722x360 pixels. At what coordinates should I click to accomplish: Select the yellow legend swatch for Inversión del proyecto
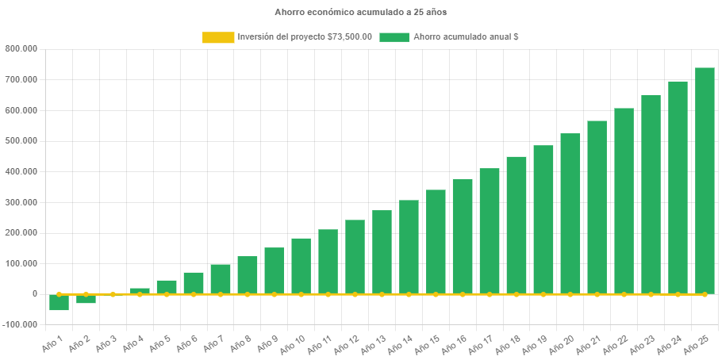218,37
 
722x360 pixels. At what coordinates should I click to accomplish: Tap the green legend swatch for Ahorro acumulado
394,37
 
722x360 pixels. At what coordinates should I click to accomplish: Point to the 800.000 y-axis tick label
21,48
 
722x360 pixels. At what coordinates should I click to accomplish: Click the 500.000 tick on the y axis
21,140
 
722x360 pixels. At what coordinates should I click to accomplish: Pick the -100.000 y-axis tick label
20,324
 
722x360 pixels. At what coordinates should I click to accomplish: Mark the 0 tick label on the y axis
35,293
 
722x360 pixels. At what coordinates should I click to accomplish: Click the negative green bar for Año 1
59,302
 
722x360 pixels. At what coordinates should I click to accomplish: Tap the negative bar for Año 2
86,299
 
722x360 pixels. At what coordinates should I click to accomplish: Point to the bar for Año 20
570,213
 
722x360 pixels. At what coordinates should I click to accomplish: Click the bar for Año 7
221,279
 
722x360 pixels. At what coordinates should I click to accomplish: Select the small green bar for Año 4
140,291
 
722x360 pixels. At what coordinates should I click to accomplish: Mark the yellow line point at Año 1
59,294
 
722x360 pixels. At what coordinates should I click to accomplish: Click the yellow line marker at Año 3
113,294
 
